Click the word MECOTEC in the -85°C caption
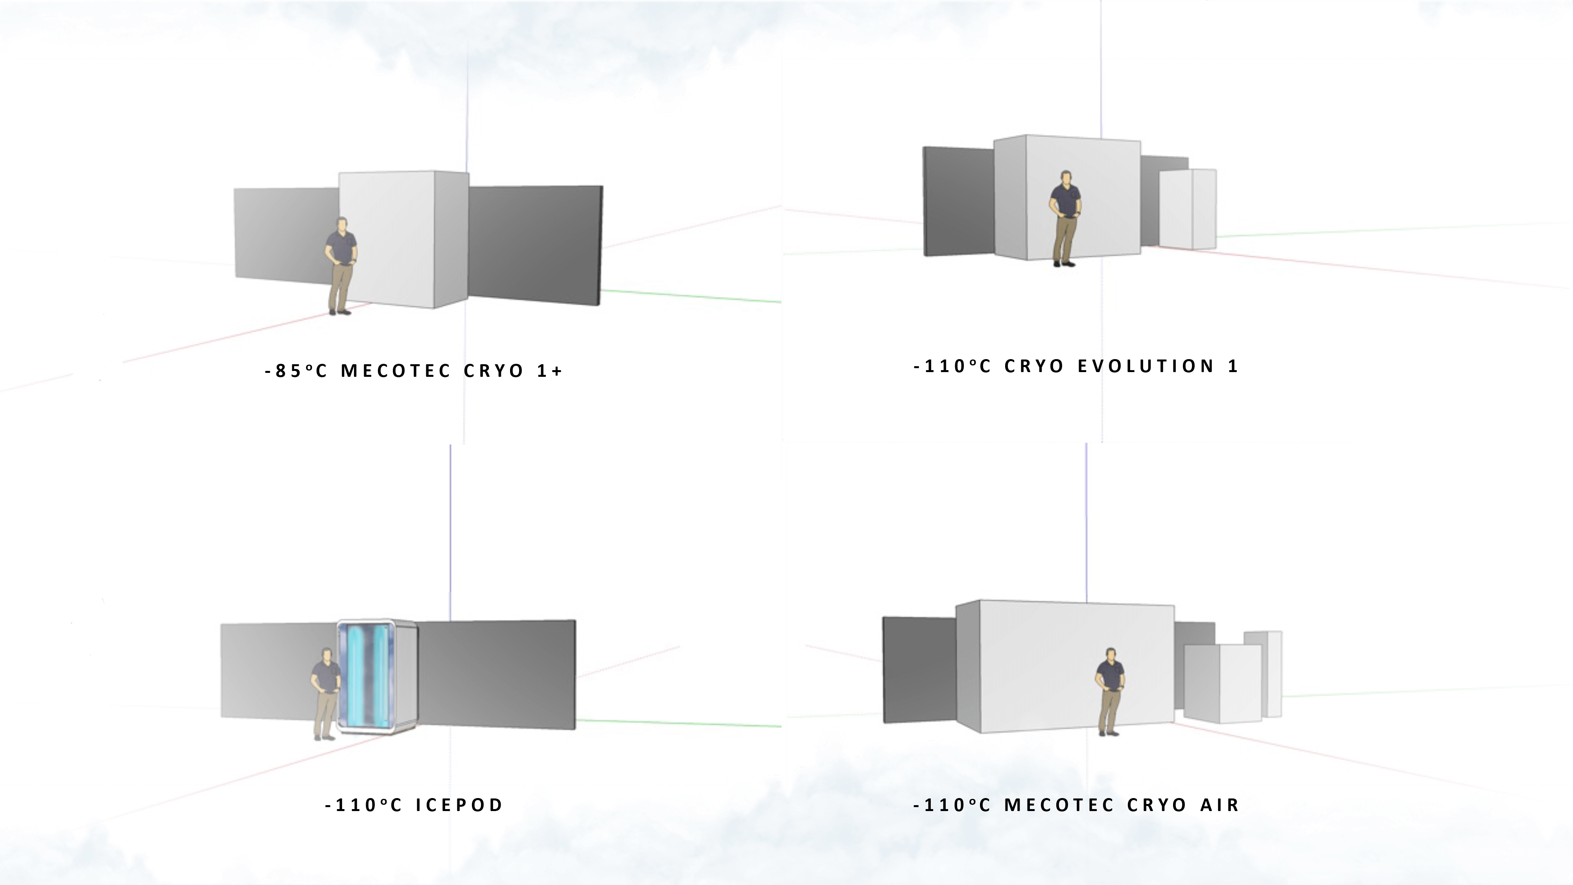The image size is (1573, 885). (x=396, y=371)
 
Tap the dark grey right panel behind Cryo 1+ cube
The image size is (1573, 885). (x=534, y=244)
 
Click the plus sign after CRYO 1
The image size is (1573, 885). (x=556, y=371)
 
